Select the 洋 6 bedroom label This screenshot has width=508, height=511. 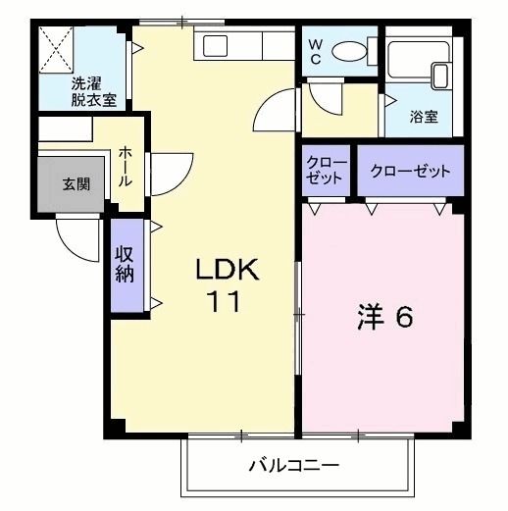pos(383,319)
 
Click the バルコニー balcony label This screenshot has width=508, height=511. pos(293,465)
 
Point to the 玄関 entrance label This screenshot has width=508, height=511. pos(76,183)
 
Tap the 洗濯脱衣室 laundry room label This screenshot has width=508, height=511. pos(84,91)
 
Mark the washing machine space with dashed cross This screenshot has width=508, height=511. pos(56,46)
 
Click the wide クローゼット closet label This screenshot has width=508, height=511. pos(410,171)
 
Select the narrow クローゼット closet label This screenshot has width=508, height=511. pos(326,171)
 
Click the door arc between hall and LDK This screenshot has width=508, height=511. pos(167,171)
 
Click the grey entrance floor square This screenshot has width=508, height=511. pos(76,184)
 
